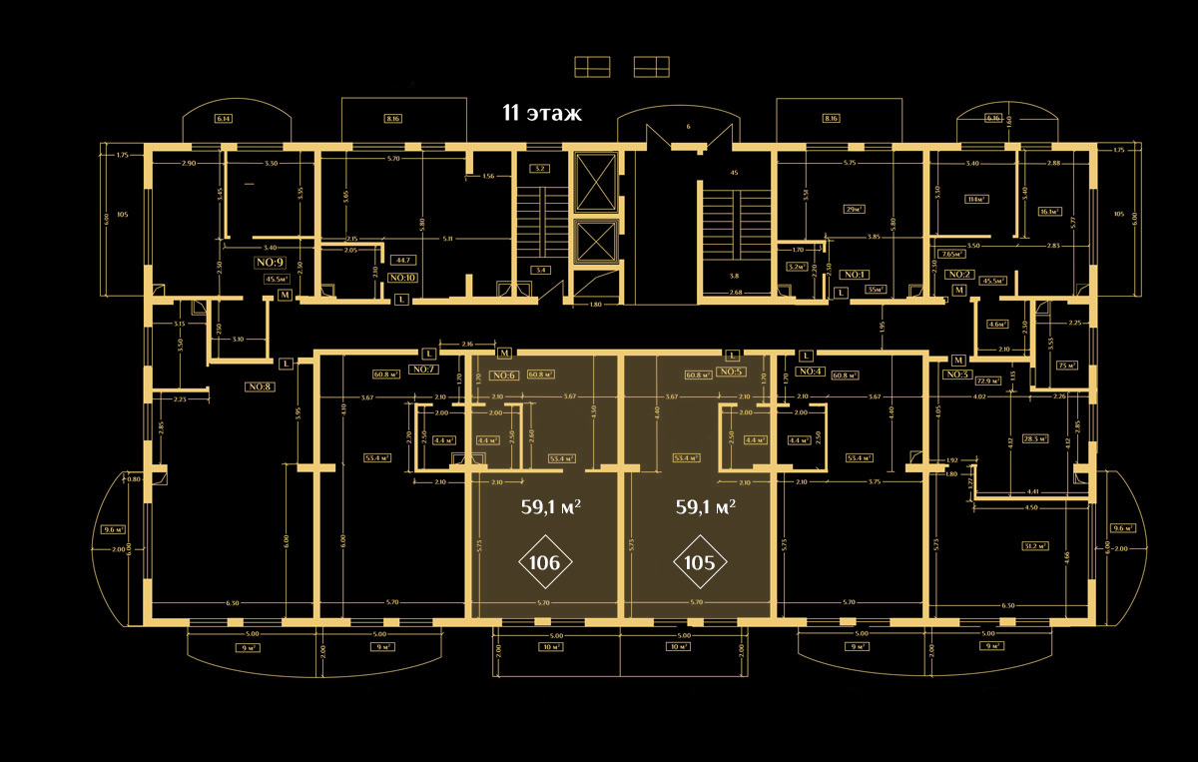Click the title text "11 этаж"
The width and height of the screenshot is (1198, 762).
click(542, 113)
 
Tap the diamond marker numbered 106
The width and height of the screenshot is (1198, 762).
click(544, 562)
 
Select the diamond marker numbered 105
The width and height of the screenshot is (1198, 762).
click(700, 562)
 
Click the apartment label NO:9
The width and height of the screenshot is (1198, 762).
click(272, 263)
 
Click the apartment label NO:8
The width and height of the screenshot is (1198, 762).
click(261, 386)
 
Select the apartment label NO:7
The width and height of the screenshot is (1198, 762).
click(423, 370)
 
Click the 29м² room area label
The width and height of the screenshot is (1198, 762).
click(826, 211)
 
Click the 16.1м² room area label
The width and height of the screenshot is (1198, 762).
click(1049, 211)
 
